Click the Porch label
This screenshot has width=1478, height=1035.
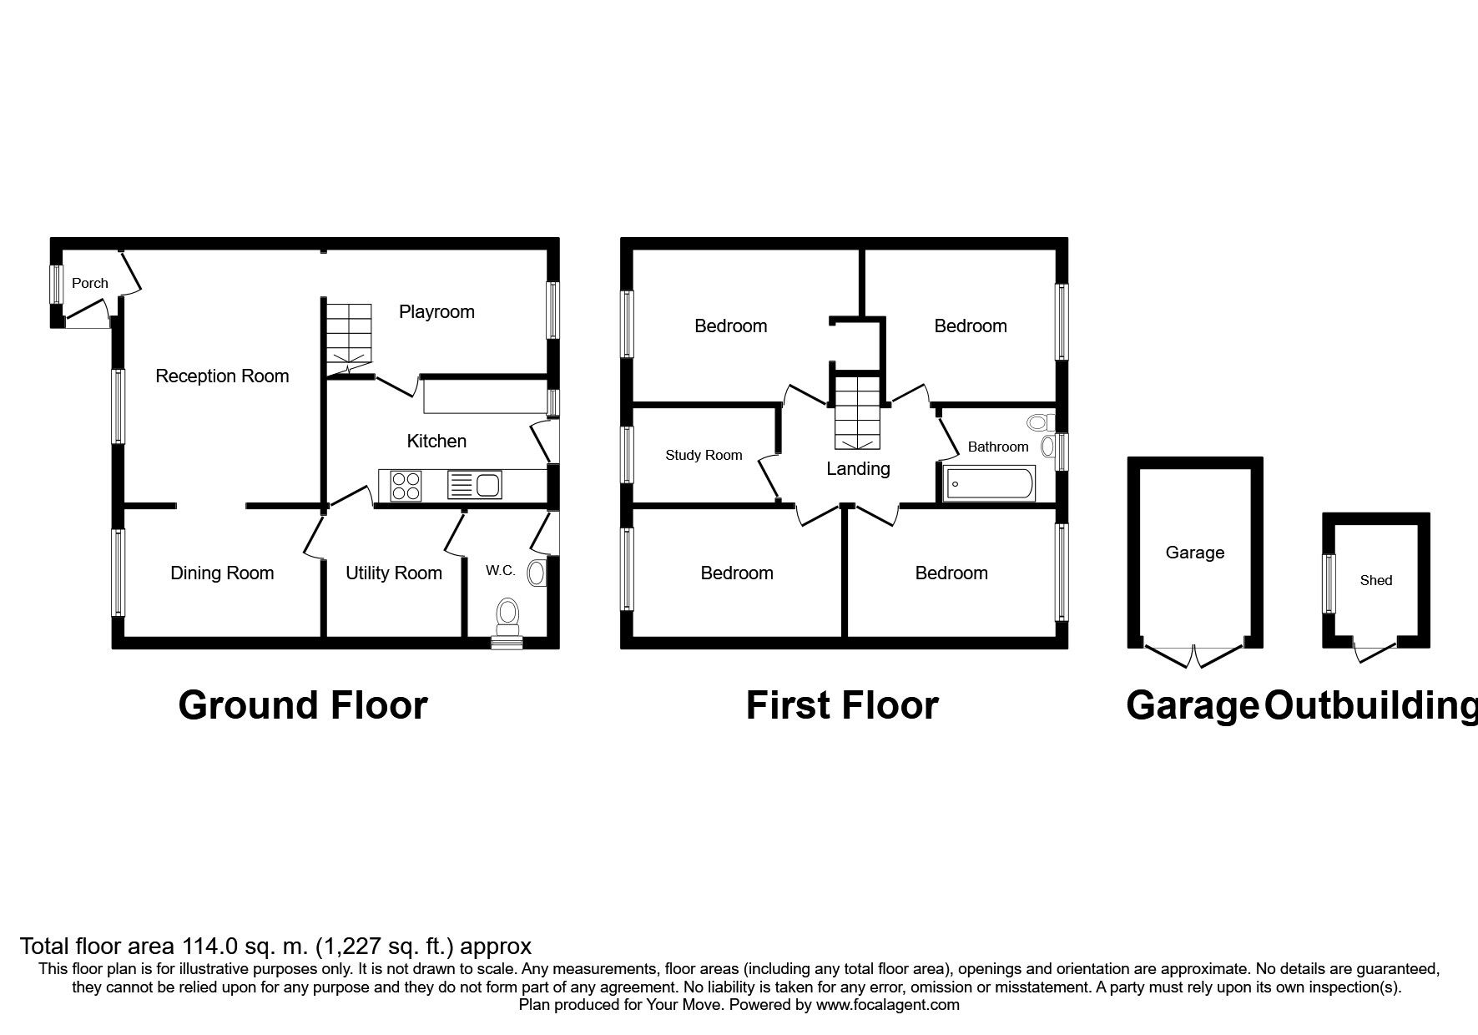click(90, 283)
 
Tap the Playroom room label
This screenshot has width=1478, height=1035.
click(436, 312)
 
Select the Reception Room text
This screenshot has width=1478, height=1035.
click(222, 376)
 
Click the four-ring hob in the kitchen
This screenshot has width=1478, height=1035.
click(406, 486)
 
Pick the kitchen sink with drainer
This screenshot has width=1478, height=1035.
click(473, 486)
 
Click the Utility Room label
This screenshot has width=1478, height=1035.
click(394, 573)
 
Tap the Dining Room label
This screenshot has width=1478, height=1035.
click(222, 573)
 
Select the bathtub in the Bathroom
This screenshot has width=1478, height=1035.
click(989, 485)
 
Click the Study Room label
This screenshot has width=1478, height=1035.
click(704, 456)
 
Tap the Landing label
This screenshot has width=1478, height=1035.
click(858, 469)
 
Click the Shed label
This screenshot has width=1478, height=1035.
click(1376, 581)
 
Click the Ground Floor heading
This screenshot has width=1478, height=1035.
click(303, 705)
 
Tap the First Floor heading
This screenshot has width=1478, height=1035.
click(842, 705)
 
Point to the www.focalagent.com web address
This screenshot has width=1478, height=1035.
click(888, 1006)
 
